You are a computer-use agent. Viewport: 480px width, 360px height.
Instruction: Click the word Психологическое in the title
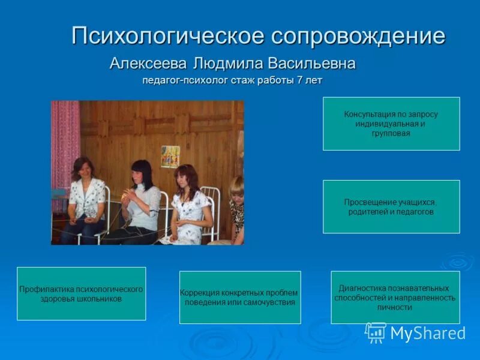tap(167, 36)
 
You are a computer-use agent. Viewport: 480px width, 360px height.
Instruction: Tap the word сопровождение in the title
tap(358, 36)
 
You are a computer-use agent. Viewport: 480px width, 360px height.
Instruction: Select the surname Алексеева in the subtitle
tap(149, 63)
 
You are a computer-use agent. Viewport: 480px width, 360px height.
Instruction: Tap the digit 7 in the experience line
tap(299, 80)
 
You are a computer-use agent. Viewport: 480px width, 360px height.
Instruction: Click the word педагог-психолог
tap(184, 80)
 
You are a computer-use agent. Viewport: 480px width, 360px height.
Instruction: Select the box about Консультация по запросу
tap(391, 124)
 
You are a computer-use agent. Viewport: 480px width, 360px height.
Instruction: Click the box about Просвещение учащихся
tap(391, 206)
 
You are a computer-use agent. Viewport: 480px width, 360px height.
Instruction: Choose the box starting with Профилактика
tap(81, 293)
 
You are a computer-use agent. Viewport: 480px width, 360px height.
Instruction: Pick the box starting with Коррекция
tap(240, 297)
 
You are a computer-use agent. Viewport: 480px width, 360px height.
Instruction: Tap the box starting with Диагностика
tap(395, 297)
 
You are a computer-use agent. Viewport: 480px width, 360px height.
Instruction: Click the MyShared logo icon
tap(376, 332)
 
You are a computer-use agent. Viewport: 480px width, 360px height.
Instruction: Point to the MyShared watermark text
tap(428, 334)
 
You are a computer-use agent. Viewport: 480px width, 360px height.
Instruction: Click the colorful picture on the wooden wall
tap(170, 157)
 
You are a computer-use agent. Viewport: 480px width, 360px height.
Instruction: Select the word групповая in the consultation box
tap(391, 134)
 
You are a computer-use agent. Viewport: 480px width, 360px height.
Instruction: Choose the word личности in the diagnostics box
tap(394, 307)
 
